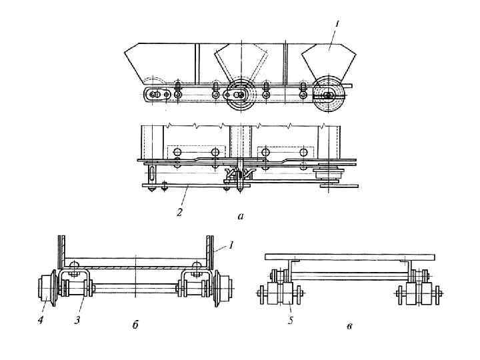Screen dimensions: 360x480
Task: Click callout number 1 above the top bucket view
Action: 337,24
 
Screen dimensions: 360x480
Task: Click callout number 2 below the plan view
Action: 178,211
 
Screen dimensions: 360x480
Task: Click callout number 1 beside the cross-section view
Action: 231,245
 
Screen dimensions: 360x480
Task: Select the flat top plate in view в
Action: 350,257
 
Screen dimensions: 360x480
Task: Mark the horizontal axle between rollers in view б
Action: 135,289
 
